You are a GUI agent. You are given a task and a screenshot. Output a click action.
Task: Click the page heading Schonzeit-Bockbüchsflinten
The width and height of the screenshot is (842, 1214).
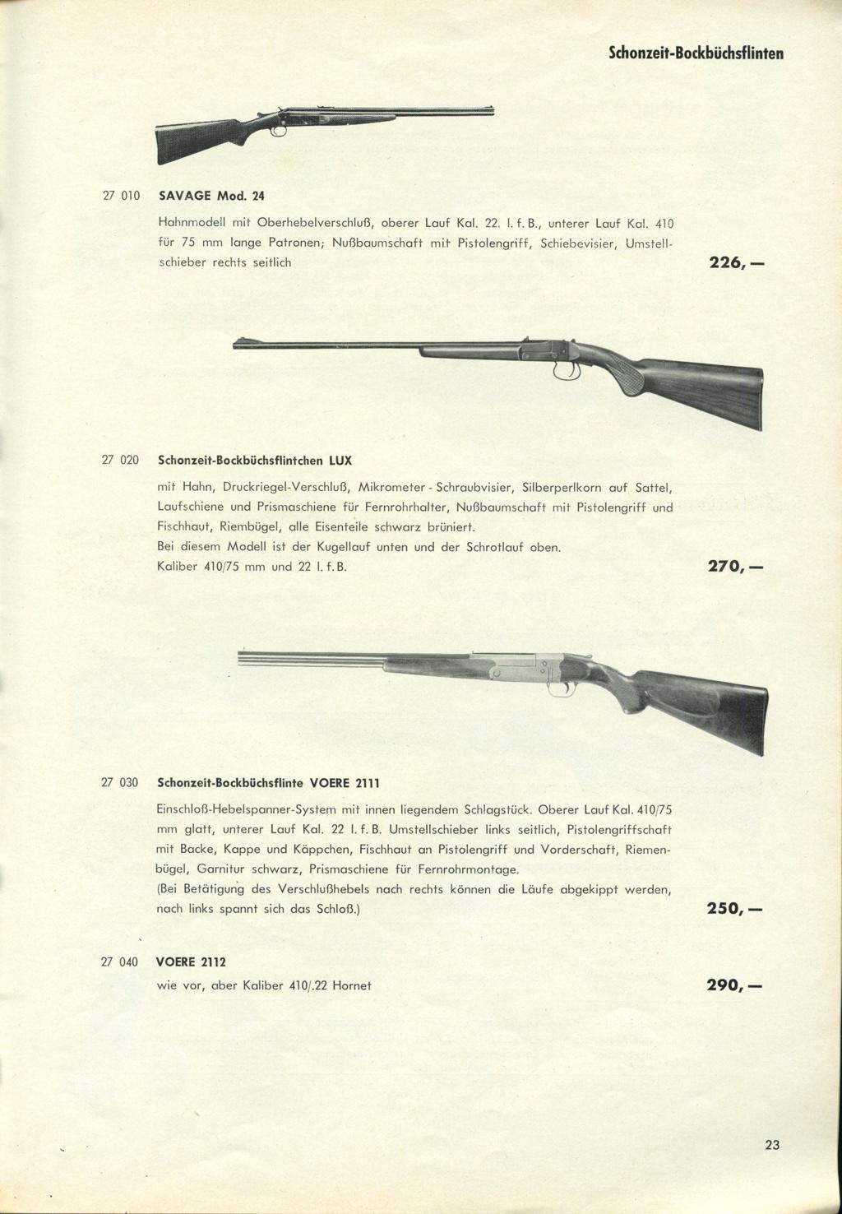pos(696,53)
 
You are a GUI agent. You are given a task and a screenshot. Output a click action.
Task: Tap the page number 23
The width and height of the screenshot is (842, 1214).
pos(771,1144)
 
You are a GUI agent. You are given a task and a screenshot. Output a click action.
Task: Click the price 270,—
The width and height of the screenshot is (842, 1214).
pos(735,568)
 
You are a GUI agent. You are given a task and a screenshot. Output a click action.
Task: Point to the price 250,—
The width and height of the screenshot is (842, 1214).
pos(734,910)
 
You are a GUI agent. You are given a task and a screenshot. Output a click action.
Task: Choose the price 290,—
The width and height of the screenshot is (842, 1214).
pos(734,985)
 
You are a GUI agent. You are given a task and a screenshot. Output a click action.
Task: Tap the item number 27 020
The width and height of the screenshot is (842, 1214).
pos(120,459)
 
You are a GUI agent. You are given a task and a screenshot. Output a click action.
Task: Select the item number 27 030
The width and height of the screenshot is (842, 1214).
pos(120,781)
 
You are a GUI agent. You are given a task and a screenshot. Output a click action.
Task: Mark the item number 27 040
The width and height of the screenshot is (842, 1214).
pos(120,961)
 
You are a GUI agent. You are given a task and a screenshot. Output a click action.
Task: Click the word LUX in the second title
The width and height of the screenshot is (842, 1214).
pos(340,459)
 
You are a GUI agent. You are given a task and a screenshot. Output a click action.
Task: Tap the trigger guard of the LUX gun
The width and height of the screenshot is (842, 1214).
pos(566,372)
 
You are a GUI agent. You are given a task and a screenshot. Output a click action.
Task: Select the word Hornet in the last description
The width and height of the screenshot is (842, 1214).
pos(351,985)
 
